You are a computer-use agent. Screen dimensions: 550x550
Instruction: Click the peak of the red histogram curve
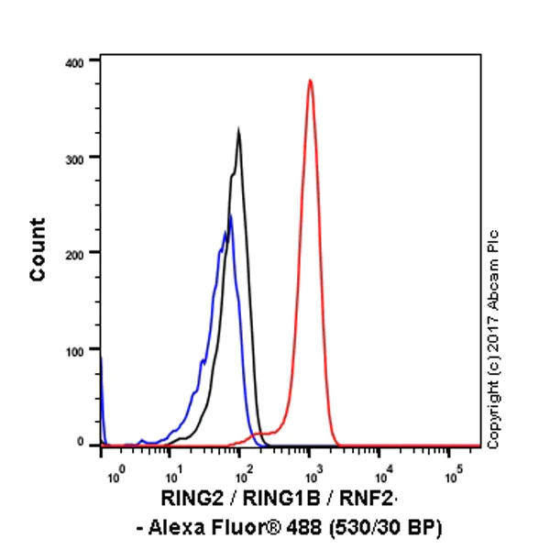(310, 81)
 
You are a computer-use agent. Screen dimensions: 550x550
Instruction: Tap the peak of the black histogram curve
(238, 130)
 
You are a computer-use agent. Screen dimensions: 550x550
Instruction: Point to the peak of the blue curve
(230, 216)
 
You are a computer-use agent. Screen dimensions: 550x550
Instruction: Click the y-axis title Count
(38, 249)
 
